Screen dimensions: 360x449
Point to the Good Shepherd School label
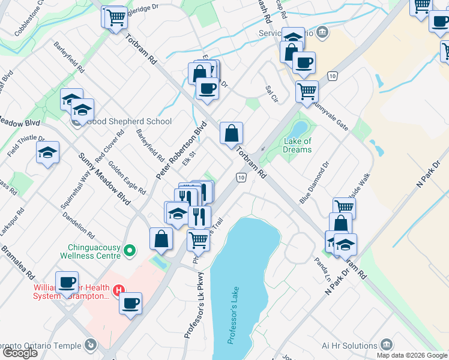click(129, 121)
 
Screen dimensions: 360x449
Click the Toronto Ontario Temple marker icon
click(90, 344)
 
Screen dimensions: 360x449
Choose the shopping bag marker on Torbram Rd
click(231, 133)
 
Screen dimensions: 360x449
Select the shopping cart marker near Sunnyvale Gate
click(307, 92)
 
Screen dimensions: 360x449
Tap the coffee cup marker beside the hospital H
click(130, 303)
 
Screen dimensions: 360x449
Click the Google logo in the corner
click(20, 353)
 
